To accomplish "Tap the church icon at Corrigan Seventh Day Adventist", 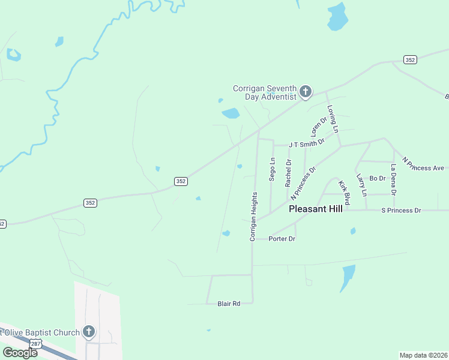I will (305, 92).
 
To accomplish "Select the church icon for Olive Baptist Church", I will (89, 331).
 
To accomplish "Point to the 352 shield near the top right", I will (410, 59).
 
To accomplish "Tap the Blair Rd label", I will (228, 304).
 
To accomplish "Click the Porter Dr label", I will (282, 239).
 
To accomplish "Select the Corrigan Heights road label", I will (253, 217).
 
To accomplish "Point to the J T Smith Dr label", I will (306, 144).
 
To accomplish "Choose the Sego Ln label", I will (272, 169).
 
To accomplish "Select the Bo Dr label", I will (377, 178).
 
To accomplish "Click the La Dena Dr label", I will (394, 179).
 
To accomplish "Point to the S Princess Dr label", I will (402, 211).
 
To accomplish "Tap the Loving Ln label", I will (333, 119).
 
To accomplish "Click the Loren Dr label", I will (318, 126).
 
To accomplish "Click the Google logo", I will (20, 352).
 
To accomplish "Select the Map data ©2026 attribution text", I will (423, 355).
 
